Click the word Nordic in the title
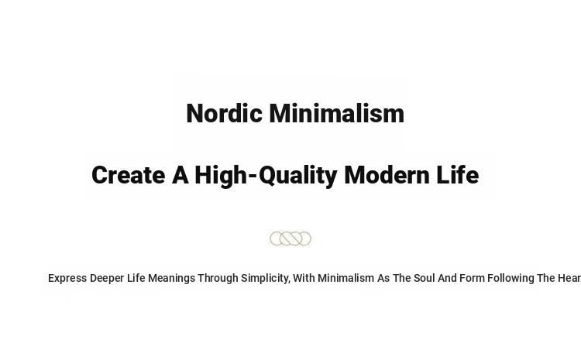tap(224, 113)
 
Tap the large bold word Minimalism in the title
tap(337, 113)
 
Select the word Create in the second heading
tap(128, 175)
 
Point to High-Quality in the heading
tap(266, 177)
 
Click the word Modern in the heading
tap(387, 175)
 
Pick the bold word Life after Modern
tap(458, 175)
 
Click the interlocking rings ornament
tap(290, 238)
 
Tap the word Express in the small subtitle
tap(67, 279)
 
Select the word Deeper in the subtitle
tap(107, 279)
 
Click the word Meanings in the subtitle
tap(171, 279)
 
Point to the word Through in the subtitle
tap(218, 279)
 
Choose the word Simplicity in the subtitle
tap(266, 279)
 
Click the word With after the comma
tap(304, 278)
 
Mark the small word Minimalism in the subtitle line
tap(346, 278)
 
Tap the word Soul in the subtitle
tap(425, 278)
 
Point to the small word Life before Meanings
tap(136, 278)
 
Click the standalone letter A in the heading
tap(180, 175)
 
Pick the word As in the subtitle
tap(383, 278)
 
